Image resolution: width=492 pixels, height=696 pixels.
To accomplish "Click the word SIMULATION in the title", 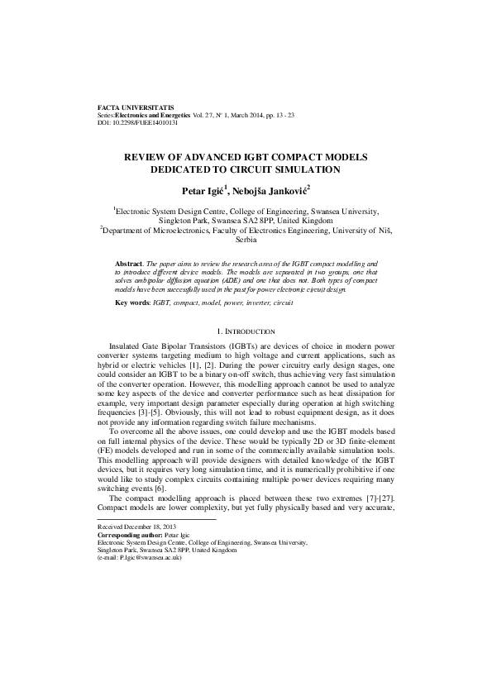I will coord(300,169).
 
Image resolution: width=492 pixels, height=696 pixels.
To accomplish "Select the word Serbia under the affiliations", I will coord(246,241).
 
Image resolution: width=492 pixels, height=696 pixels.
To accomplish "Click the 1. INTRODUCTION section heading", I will coord(246,331).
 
